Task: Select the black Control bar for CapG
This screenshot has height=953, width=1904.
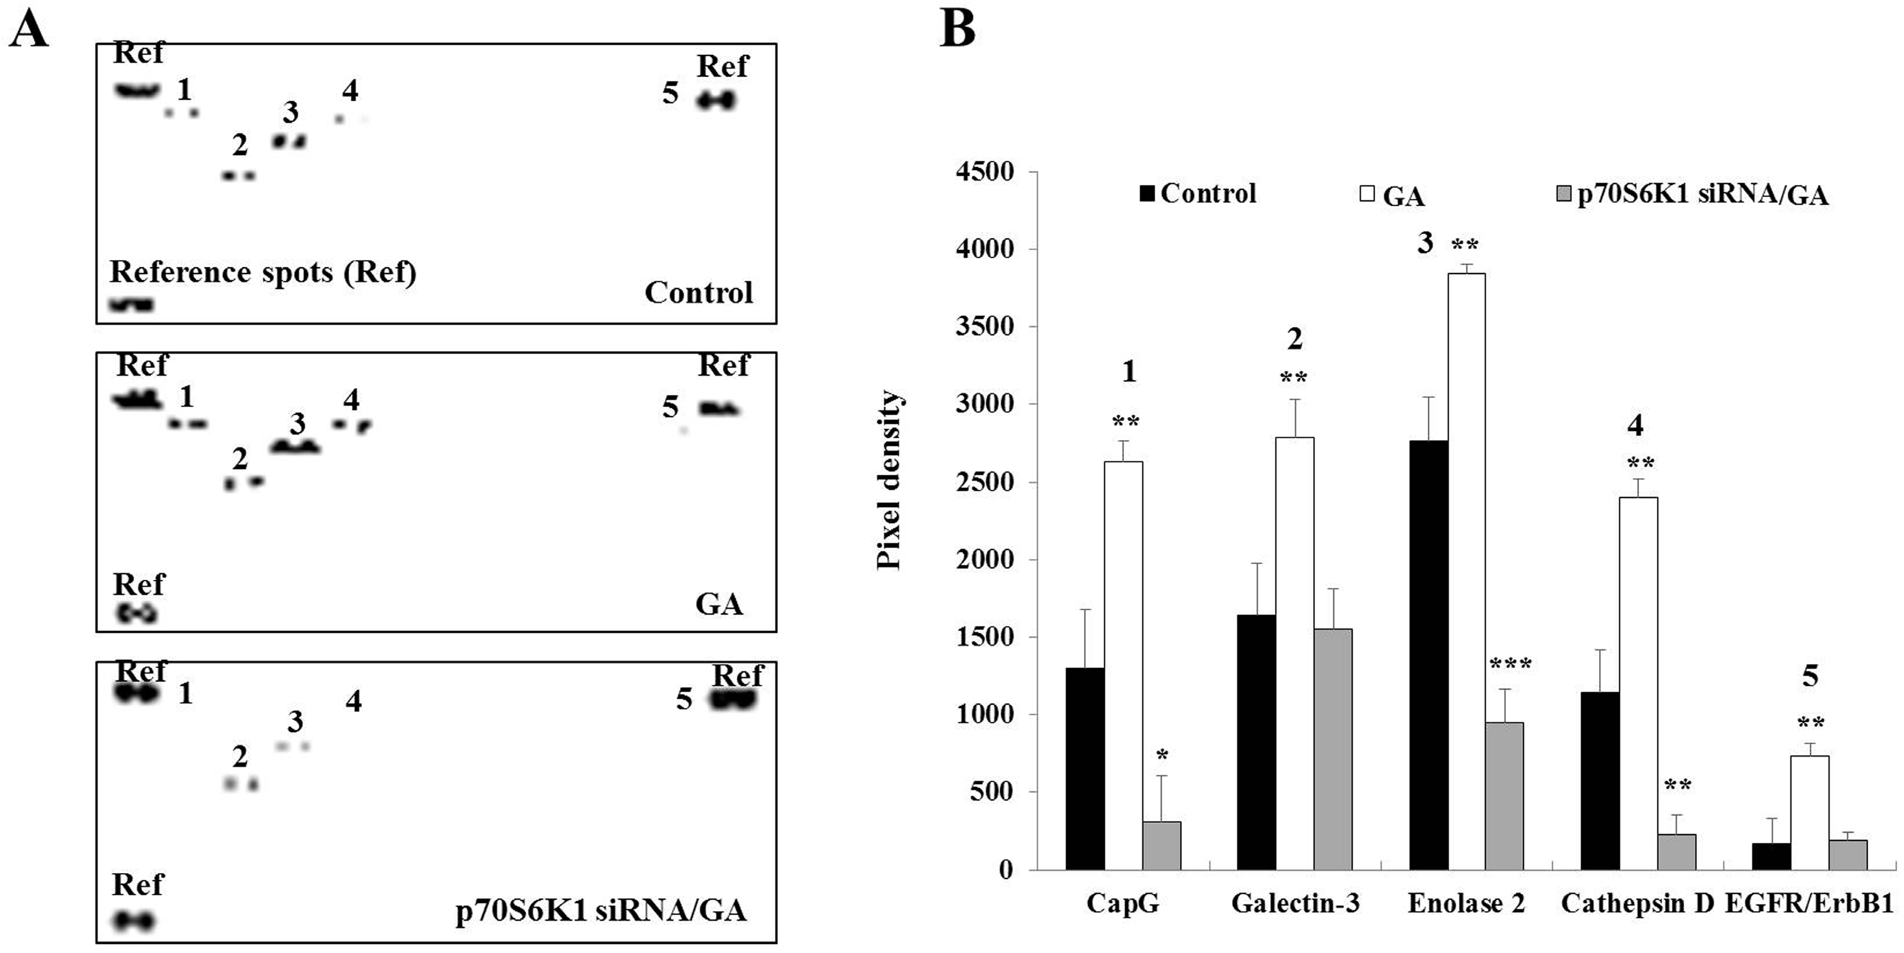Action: (1085, 769)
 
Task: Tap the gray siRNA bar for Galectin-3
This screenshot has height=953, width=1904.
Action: (1333, 749)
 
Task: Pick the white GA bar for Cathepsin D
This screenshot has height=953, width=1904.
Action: (1638, 683)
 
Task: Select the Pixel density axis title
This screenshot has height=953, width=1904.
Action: (889, 480)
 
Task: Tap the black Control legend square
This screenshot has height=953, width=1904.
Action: (1147, 194)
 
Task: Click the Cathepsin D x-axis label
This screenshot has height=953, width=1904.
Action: (1636, 904)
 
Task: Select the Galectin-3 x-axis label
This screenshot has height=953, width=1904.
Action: (1295, 904)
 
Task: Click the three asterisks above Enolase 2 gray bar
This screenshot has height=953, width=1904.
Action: (1510, 664)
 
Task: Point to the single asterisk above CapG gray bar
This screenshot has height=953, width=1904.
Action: (1162, 756)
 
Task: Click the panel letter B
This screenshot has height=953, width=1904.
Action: (957, 29)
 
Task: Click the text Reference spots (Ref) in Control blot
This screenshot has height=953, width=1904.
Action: (263, 272)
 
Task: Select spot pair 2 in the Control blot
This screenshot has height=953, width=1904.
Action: (239, 176)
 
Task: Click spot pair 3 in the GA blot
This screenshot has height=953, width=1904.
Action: (295, 447)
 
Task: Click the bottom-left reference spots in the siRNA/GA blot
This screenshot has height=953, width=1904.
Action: (134, 920)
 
